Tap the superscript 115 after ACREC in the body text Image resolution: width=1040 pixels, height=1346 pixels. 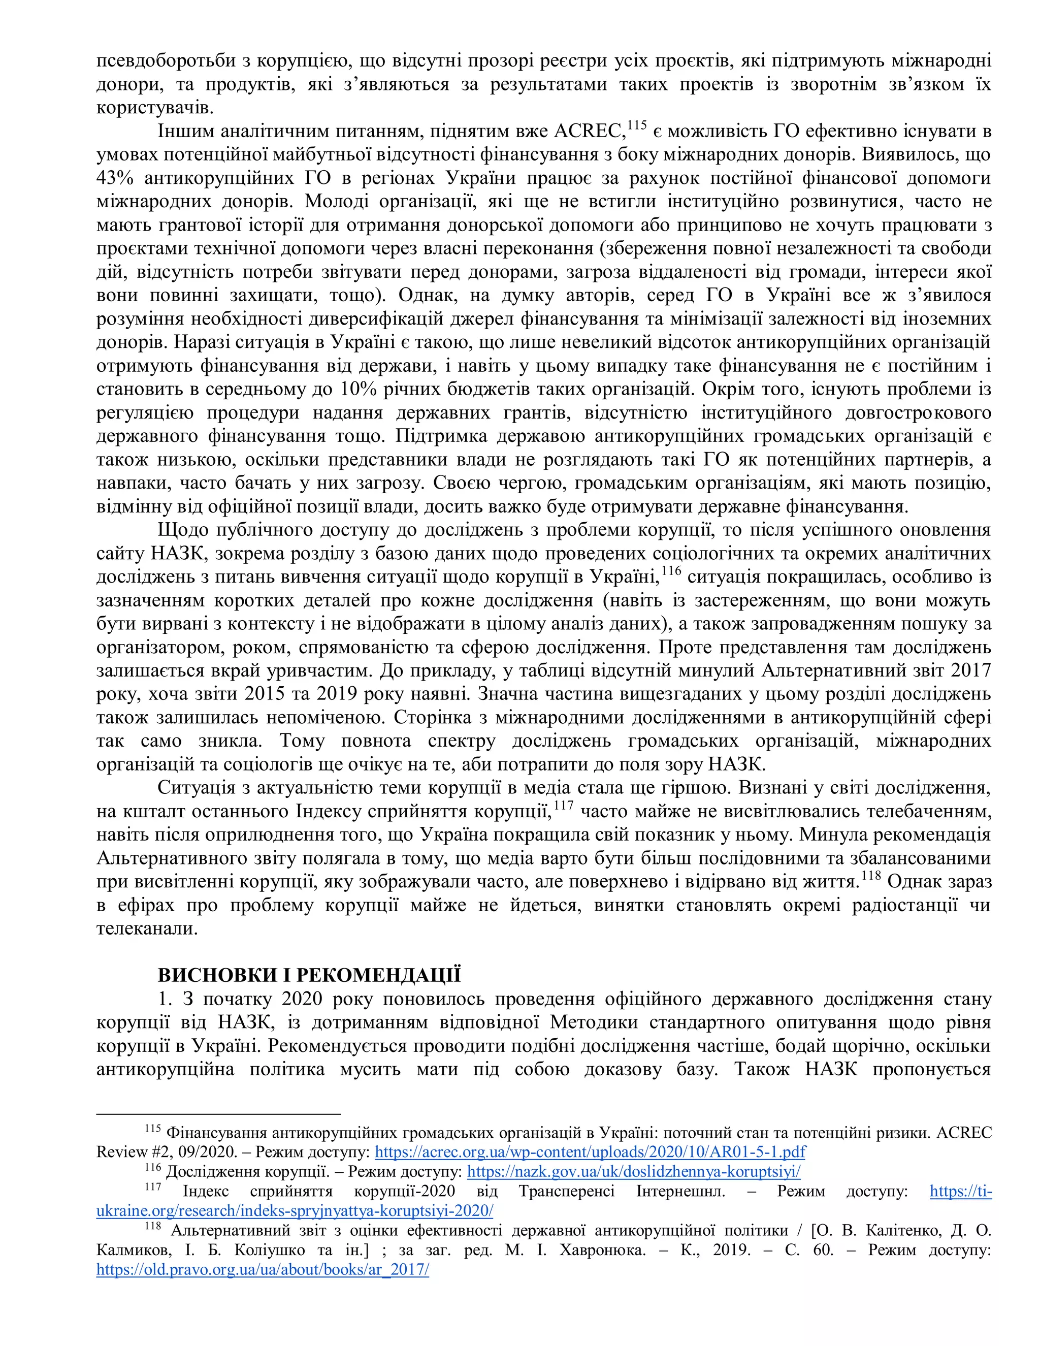pyautogui.click(x=637, y=126)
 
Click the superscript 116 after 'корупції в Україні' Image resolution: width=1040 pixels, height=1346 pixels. pyautogui.click(x=671, y=571)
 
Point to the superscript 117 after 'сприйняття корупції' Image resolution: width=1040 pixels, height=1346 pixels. pyautogui.click(x=563, y=806)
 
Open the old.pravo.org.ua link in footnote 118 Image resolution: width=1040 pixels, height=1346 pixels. pyautogui.click(x=263, y=1270)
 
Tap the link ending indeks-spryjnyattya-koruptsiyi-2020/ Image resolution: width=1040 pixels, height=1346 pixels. pyautogui.click(x=295, y=1210)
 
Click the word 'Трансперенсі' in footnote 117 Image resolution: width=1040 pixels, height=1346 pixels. pyautogui.click(x=566, y=1191)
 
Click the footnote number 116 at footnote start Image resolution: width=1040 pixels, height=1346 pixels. pyautogui.click(x=153, y=1167)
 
